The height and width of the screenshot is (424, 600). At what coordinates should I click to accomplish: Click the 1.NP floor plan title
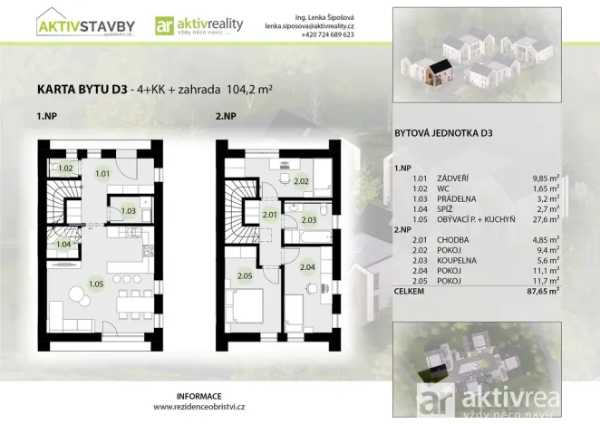point(47,117)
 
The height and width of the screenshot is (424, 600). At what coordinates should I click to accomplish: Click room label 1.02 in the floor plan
point(65,169)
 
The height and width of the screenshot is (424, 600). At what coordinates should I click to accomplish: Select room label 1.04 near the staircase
point(63,244)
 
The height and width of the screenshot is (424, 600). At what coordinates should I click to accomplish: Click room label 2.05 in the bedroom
point(244,275)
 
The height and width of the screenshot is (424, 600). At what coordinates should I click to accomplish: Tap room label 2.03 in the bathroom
point(308,219)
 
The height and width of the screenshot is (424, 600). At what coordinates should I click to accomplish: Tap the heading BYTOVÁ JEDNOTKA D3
point(443,133)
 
